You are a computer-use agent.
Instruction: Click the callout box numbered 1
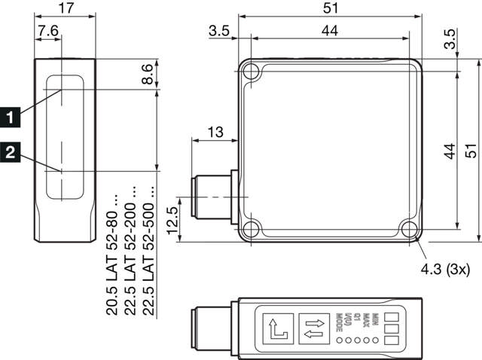(x=10, y=117)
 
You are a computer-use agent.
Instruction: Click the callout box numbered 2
(x=10, y=152)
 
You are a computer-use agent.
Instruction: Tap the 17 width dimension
(x=65, y=10)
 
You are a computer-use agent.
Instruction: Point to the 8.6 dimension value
(x=148, y=75)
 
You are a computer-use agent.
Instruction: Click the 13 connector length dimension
(x=215, y=133)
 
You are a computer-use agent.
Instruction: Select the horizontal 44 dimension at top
(x=330, y=30)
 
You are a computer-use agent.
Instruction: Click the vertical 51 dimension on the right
(x=471, y=151)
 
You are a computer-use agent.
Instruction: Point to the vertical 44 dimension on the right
(x=450, y=151)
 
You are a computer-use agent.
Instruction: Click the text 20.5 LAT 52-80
(x=112, y=256)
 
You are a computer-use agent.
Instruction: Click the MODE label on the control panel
(x=340, y=322)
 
